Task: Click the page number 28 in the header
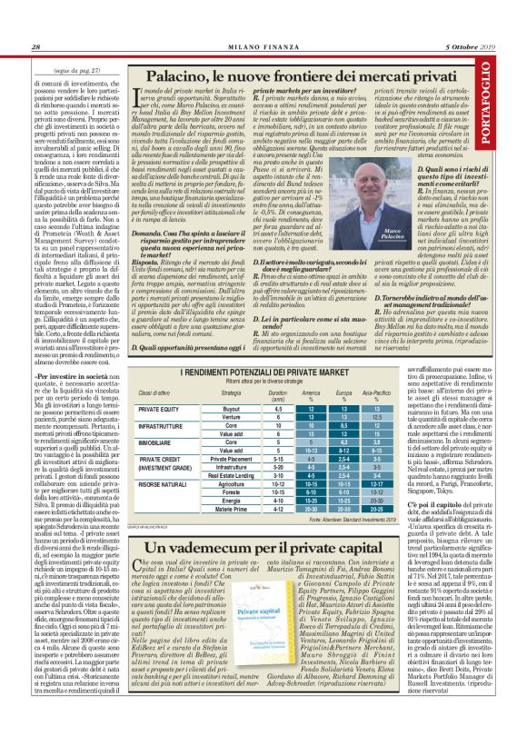[35, 46]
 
